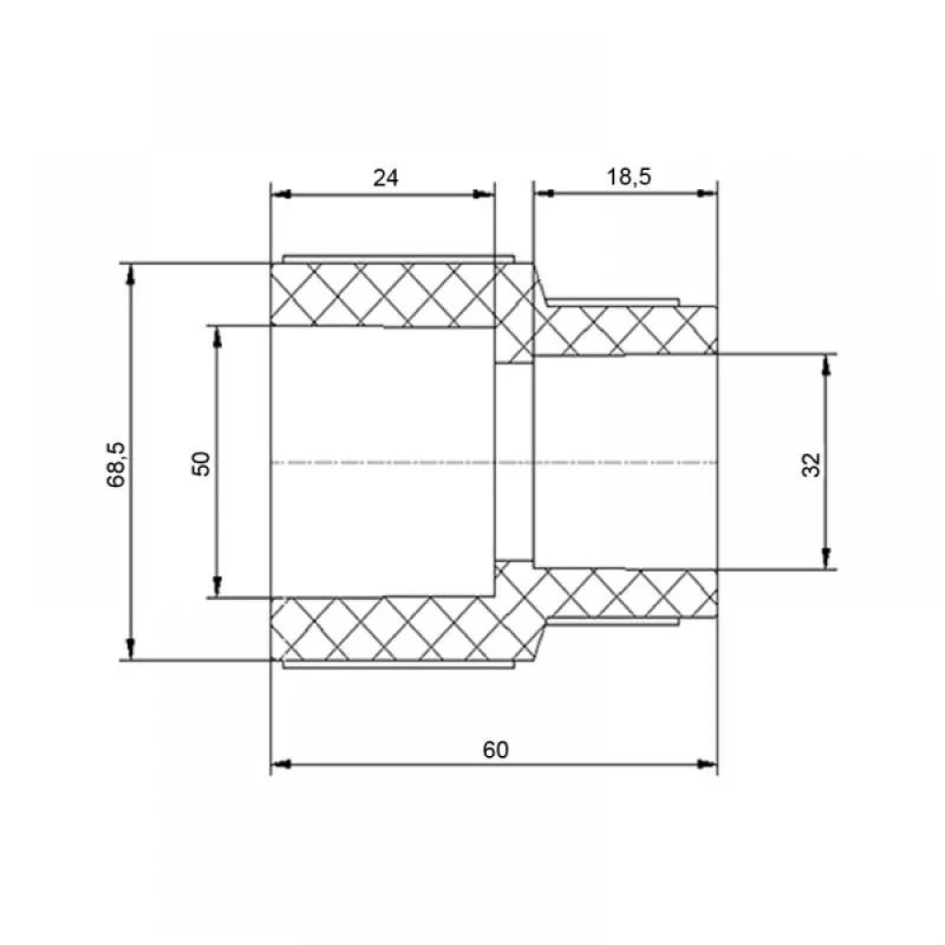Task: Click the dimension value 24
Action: [x=386, y=179]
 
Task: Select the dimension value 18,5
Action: [x=628, y=178]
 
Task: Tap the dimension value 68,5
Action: [x=115, y=465]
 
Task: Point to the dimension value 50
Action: [x=201, y=463]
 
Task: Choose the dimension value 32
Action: [x=811, y=465]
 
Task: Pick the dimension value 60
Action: [x=495, y=749]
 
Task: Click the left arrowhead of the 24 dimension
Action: [x=281, y=194]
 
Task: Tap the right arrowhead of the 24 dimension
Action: [x=483, y=194]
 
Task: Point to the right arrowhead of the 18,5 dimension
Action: [x=706, y=194]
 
